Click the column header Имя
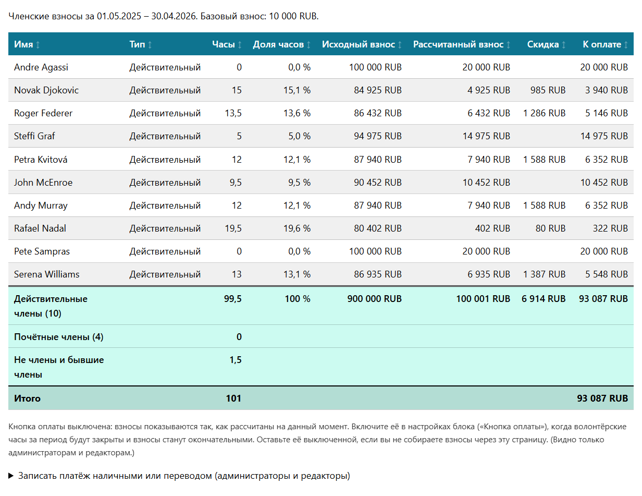click(23, 44)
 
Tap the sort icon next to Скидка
click(564, 45)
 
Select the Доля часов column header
click(278, 44)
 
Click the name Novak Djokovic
click(46, 90)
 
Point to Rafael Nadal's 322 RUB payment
click(610, 228)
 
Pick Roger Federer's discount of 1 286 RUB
click(544, 113)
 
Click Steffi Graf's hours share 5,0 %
click(299, 136)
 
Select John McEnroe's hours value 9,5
click(236, 183)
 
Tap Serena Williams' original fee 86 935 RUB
click(378, 274)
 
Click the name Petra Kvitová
click(41, 160)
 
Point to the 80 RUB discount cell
click(550, 228)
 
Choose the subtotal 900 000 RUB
click(374, 298)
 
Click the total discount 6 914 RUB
click(544, 298)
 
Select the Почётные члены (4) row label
click(58, 337)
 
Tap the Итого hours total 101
click(233, 398)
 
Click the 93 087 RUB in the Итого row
click(602, 398)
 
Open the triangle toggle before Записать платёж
click(11, 476)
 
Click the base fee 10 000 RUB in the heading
click(293, 16)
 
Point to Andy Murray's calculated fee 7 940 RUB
click(489, 205)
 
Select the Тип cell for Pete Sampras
click(165, 251)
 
